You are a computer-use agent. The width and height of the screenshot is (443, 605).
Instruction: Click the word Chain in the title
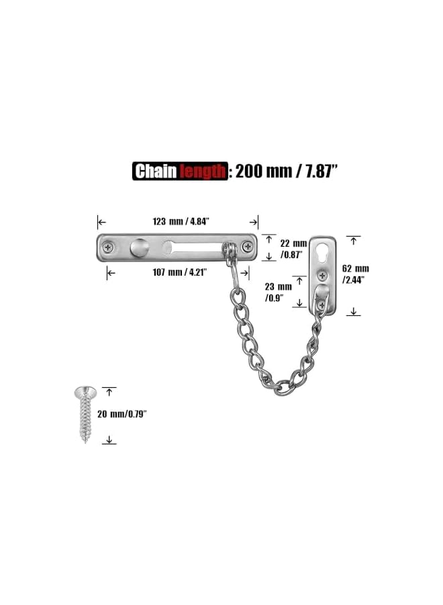click(155, 171)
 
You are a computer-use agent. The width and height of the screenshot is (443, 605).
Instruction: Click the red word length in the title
click(201, 172)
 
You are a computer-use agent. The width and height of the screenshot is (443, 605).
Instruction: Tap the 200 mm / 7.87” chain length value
click(285, 171)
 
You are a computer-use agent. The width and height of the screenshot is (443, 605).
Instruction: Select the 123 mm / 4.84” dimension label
click(179, 221)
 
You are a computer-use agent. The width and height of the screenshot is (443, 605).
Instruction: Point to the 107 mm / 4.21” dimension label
click(178, 272)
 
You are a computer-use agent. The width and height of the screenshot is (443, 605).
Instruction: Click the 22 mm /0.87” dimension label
click(293, 248)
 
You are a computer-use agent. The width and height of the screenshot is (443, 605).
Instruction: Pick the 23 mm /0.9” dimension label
click(277, 291)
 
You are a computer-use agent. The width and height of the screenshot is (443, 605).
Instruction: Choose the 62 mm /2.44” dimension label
click(356, 274)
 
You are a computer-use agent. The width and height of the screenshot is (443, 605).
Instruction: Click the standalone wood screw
click(84, 414)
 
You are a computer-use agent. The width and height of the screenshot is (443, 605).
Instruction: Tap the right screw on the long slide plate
click(248, 247)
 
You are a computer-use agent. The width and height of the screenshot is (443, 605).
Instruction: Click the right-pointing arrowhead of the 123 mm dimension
click(254, 222)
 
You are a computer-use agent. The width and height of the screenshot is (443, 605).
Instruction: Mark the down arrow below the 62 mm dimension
click(354, 311)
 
